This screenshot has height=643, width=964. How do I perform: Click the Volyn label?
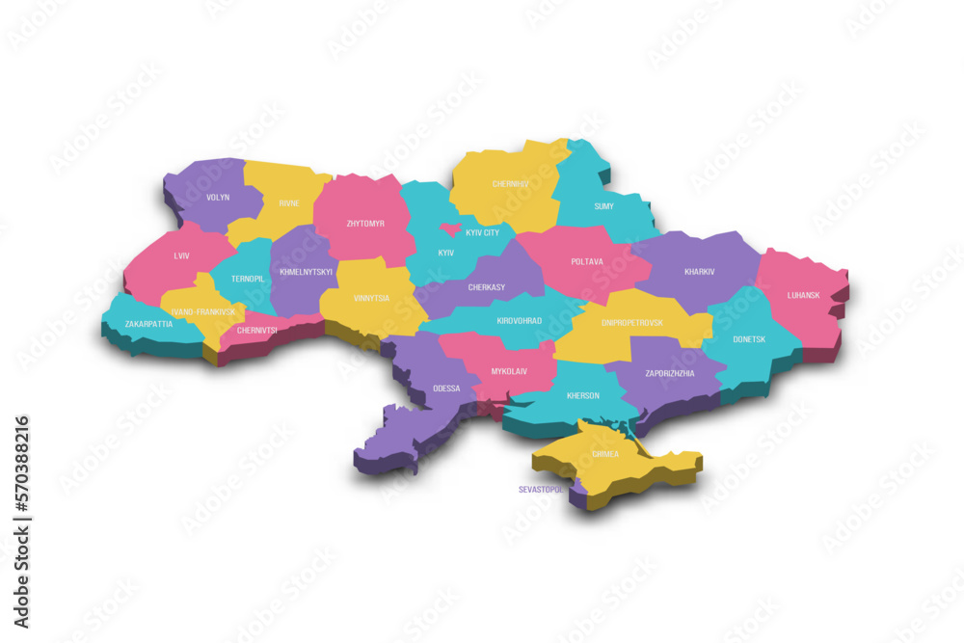point(218,198)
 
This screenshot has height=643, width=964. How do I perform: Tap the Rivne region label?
point(289,203)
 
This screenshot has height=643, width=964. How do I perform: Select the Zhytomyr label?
point(365,224)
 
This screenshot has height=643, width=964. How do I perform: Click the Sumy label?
point(604,206)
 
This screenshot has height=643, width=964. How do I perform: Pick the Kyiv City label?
point(482,232)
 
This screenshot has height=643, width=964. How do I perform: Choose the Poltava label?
point(586,261)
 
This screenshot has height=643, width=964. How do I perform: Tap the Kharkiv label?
point(700,272)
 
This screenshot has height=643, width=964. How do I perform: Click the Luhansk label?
point(803,295)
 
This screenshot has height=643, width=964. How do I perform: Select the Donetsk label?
point(749,339)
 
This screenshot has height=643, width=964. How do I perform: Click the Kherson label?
point(583,395)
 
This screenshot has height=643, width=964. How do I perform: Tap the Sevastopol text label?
point(541,490)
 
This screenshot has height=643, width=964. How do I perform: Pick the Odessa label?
point(446,388)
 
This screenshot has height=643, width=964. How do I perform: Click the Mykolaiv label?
point(509,370)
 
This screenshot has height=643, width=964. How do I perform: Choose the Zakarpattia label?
point(149,324)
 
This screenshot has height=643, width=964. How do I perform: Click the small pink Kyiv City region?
point(449,228)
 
